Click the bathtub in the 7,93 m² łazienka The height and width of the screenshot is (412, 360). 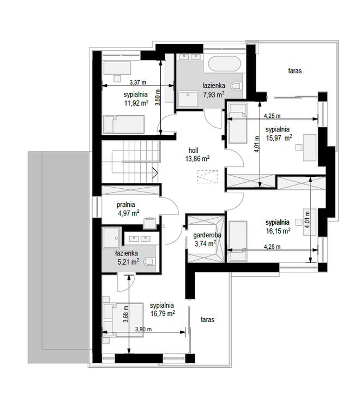pyautogui.click(x=225, y=63)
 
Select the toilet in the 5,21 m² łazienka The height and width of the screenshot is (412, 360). pyautogui.click(x=149, y=261)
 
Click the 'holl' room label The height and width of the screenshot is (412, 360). pyautogui.click(x=193, y=151)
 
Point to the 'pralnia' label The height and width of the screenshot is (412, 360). pyautogui.click(x=126, y=205)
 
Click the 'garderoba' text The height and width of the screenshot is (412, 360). pyautogui.click(x=207, y=235)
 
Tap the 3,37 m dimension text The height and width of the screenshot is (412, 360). pyautogui.click(x=138, y=82)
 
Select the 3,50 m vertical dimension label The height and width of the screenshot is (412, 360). pyautogui.click(x=157, y=98)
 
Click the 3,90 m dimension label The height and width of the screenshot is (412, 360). pyautogui.click(x=143, y=329)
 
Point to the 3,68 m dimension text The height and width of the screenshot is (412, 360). pyautogui.click(x=126, y=314)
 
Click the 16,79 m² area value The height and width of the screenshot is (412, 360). pyautogui.click(x=163, y=313)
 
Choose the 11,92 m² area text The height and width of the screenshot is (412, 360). pyautogui.click(x=136, y=103)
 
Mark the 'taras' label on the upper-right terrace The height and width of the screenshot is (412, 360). pyautogui.click(x=295, y=71)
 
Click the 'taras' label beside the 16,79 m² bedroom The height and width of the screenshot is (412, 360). pyautogui.click(x=207, y=320)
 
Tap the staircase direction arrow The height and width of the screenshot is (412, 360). pyautogui.click(x=155, y=172)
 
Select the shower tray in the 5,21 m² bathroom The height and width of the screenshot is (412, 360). pyautogui.click(x=111, y=238)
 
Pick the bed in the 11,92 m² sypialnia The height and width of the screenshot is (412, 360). pyautogui.click(x=124, y=124)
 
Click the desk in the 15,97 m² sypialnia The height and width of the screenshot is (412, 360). pyautogui.click(x=310, y=147)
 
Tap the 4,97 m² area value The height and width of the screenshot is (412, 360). pyautogui.click(x=129, y=213)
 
